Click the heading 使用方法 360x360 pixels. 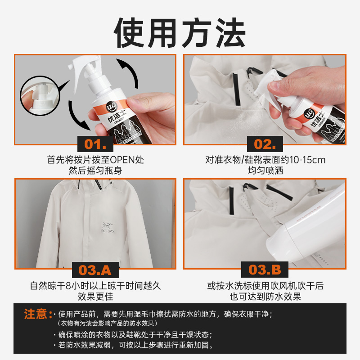180,32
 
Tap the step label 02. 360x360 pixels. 265,144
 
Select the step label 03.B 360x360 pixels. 265,270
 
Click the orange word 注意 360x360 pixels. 35,314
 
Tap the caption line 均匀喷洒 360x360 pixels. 265,171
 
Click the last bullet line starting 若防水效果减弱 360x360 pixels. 135,346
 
